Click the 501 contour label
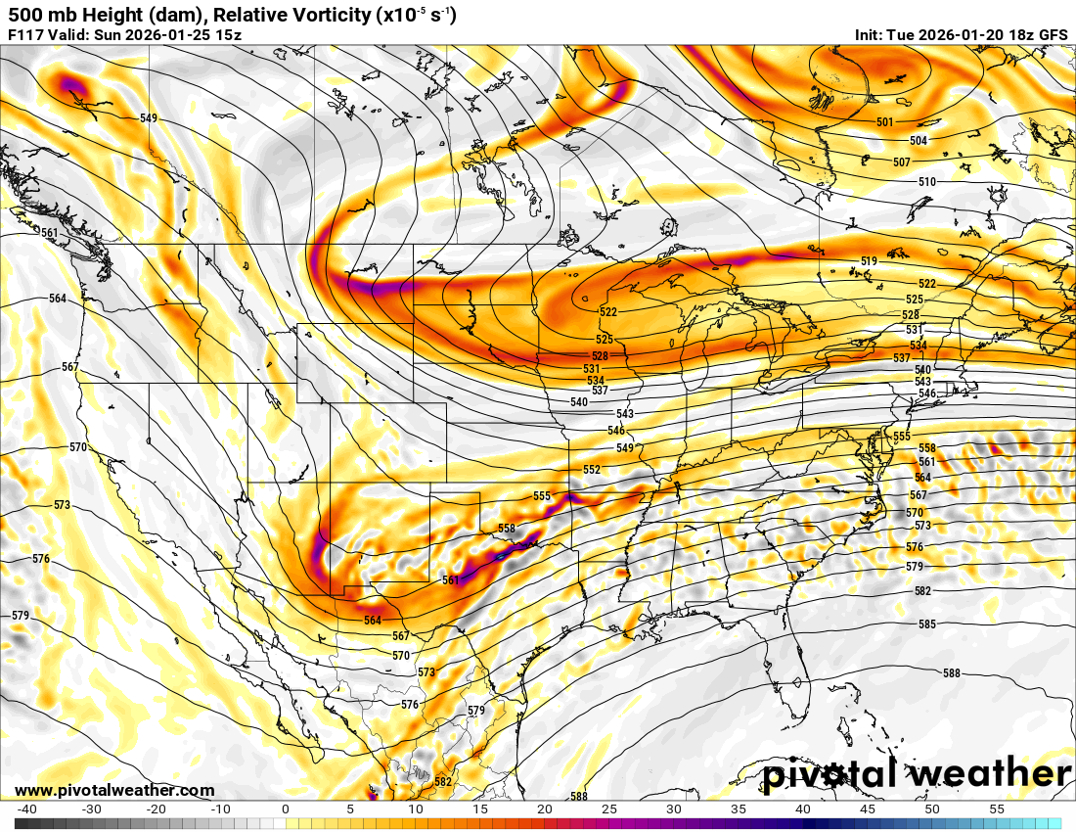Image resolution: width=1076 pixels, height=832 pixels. pyautogui.click(x=885, y=122)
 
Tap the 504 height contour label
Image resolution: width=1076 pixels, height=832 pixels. pyautogui.click(x=919, y=141)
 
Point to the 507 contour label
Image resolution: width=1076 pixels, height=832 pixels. pyautogui.click(x=902, y=162)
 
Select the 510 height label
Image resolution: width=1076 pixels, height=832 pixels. pyautogui.click(x=927, y=182)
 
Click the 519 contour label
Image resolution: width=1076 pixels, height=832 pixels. pyautogui.click(x=870, y=261)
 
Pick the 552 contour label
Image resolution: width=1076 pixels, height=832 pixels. pyautogui.click(x=592, y=470)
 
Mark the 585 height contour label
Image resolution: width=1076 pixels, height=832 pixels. pyautogui.click(x=927, y=624)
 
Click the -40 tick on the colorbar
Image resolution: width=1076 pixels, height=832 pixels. pyautogui.click(x=27, y=809)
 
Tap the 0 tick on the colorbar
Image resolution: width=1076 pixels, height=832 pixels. pyautogui.click(x=286, y=809)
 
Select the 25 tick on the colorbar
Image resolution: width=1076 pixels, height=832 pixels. pyautogui.click(x=608, y=809)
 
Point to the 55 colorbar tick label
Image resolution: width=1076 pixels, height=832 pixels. pyautogui.click(x=996, y=809)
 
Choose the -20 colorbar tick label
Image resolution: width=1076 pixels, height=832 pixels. pyautogui.click(x=157, y=809)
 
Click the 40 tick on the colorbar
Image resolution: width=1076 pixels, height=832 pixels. pyautogui.click(x=802, y=809)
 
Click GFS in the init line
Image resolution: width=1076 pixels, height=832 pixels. pyautogui.click(x=1053, y=35)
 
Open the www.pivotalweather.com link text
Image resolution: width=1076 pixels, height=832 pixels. pyautogui.click(x=114, y=790)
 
